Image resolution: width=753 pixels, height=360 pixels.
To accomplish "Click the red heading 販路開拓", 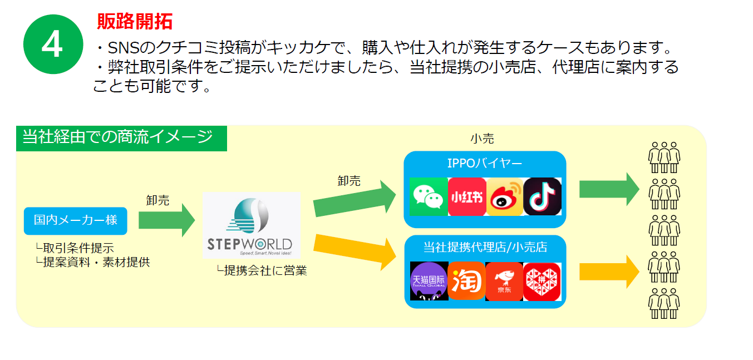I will [x=135, y=22].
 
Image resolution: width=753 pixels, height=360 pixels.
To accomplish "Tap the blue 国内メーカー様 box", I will [x=76, y=221].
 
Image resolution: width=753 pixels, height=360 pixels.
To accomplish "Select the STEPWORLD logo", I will [x=251, y=225].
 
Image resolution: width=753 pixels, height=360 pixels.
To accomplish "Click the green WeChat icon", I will [x=429, y=196].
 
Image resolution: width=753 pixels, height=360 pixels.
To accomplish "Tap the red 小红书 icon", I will [x=467, y=196].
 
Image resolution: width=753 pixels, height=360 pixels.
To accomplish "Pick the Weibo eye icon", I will [x=505, y=196].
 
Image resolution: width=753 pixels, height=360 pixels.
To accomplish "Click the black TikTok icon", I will [x=543, y=196].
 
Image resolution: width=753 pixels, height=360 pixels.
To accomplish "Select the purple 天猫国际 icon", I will [x=429, y=281].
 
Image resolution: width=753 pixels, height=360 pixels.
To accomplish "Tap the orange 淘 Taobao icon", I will [x=467, y=281].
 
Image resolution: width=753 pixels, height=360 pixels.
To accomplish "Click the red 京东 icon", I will [x=504, y=281].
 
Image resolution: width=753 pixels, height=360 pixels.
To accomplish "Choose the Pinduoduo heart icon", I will [x=542, y=282].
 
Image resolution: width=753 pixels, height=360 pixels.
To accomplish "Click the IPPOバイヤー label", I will [x=485, y=164].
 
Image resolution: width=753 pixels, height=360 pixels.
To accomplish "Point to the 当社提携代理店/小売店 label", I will [x=485, y=248].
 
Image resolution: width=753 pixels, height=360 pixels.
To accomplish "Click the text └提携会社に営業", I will [x=262, y=271].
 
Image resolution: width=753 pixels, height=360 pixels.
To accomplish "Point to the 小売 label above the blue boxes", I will [x=482, y=139].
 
